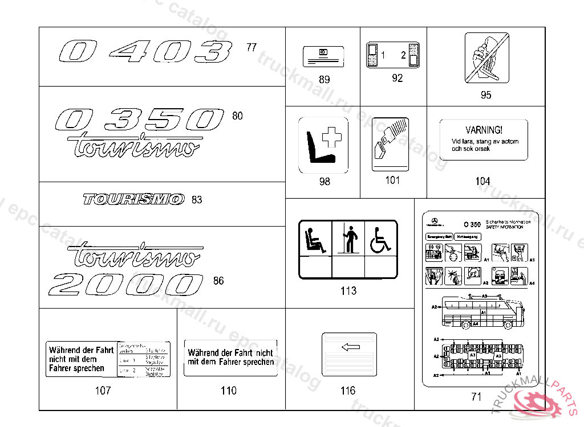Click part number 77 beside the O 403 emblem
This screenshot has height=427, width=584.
252,47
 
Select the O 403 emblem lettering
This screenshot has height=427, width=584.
146,51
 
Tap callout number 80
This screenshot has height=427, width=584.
237,116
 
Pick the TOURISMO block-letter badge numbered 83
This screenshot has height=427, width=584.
134,199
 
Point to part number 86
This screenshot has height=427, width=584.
218,281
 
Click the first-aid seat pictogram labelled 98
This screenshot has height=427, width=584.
323,145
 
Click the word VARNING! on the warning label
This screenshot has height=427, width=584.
484,130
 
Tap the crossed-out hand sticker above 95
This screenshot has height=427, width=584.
486,58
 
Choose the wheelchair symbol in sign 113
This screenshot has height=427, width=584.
381,239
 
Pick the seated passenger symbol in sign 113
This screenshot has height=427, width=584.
315,239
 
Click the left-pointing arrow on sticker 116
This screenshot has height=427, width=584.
350,347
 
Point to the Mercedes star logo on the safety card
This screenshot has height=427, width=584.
433,221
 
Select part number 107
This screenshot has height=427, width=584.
103,391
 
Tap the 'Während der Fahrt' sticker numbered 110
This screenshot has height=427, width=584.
230,358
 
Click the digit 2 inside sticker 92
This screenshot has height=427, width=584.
403,55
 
